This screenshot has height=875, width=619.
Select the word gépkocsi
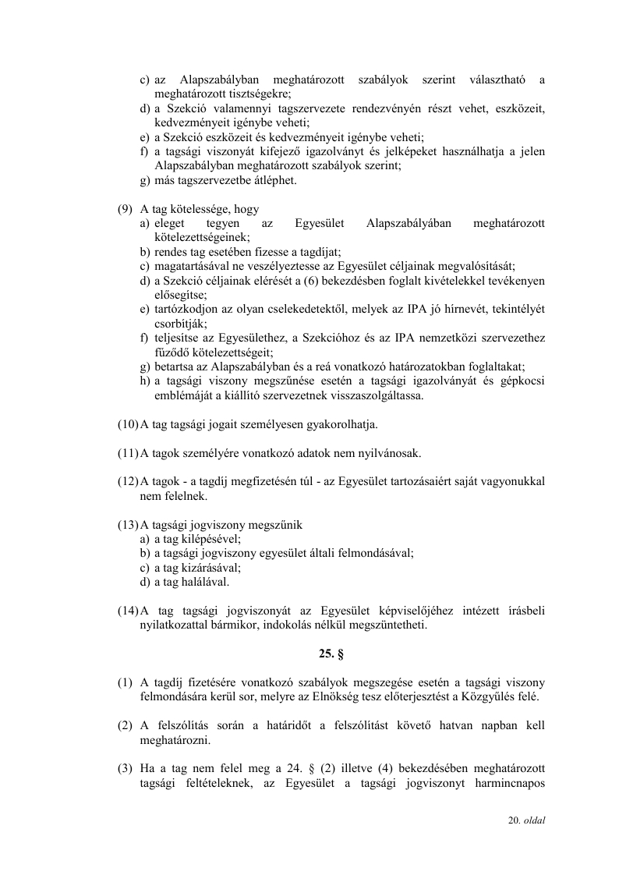coord(521,381)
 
